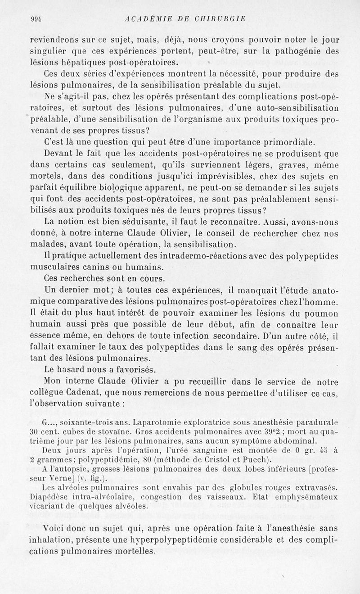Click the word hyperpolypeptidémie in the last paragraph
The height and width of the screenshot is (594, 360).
[x=185, y=540]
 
